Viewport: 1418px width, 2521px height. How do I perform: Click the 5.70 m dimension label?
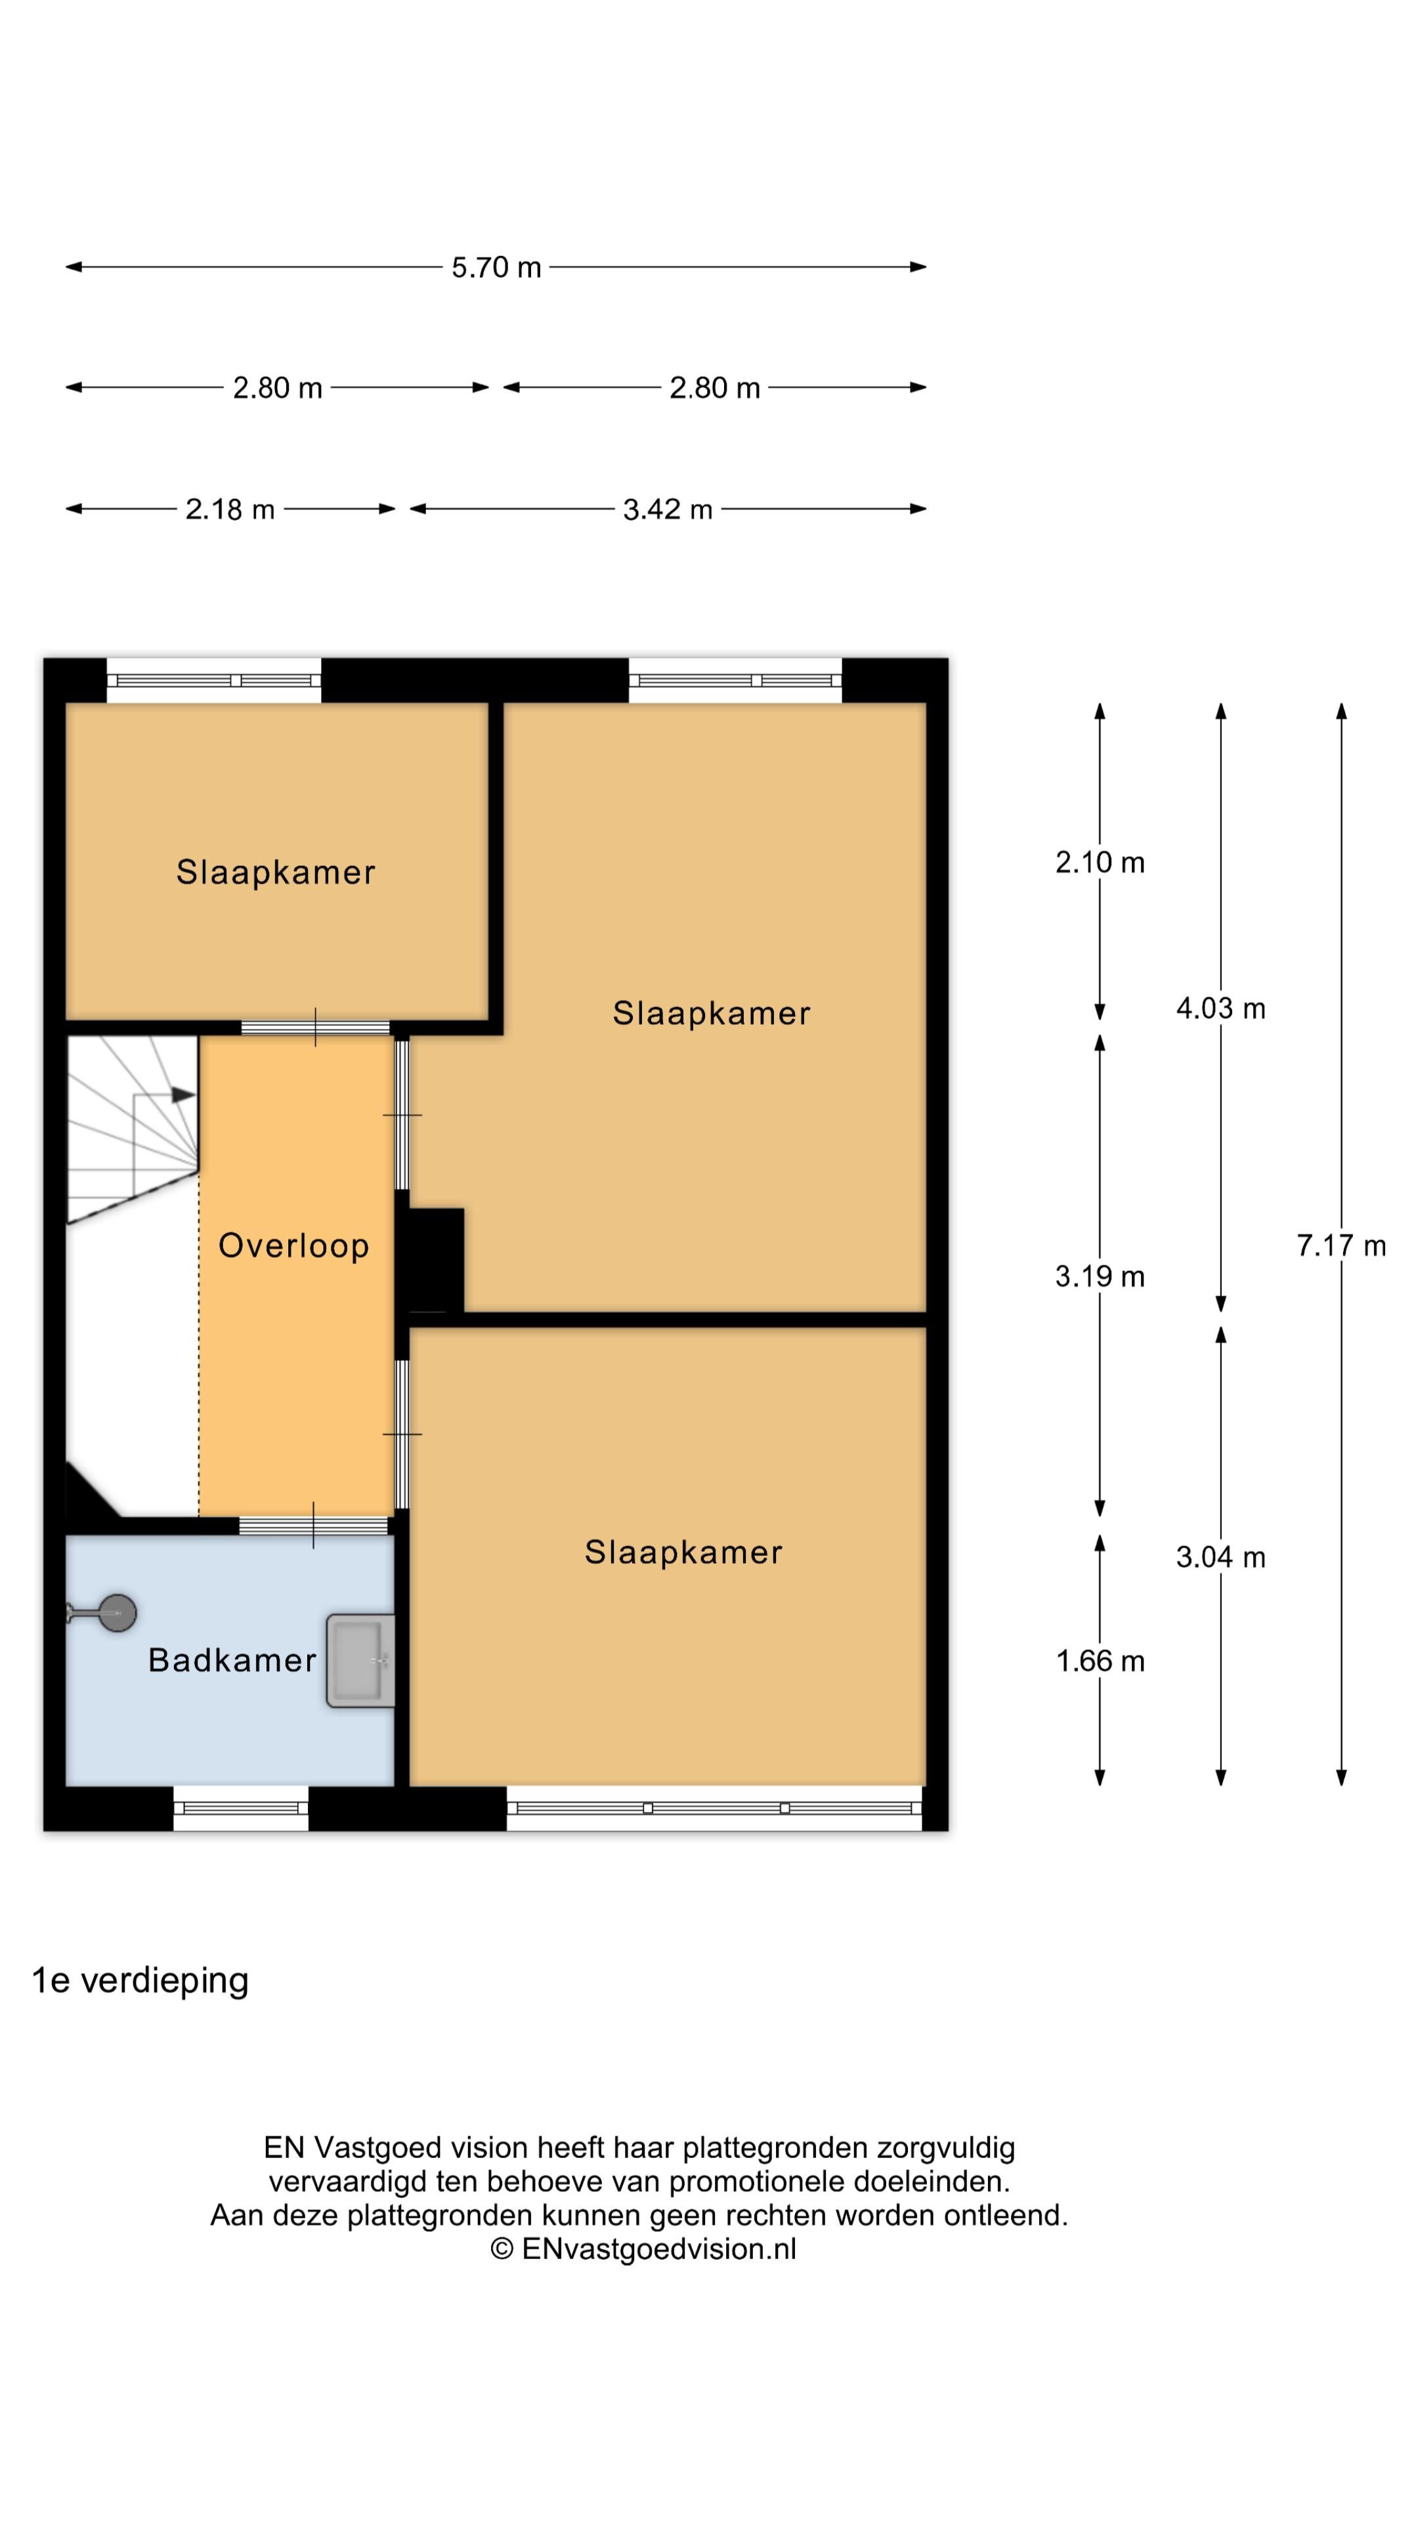[x=496, y=267]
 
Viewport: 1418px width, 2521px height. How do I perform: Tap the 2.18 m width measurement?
[x=230, y=509]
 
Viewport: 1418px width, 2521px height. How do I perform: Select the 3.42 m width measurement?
[x=668, y=509]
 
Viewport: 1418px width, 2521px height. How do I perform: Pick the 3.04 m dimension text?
[x=1220, y=1557]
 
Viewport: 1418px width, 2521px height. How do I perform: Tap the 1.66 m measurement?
[x=1100, y=1661]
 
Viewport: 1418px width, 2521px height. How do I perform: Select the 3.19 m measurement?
[x=1100, y=1276]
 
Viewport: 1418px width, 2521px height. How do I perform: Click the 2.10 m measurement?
[x=1100, y=862]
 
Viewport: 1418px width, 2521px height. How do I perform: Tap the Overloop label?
[x=293, y=1246]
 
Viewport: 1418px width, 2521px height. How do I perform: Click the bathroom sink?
[x=360, y=1661]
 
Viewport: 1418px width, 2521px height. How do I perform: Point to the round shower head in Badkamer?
[x=118, y=1613]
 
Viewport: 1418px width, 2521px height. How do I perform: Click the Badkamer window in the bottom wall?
[x=241, y=1809]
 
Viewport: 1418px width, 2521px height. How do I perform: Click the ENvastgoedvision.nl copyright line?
[x=643, y=2249]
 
